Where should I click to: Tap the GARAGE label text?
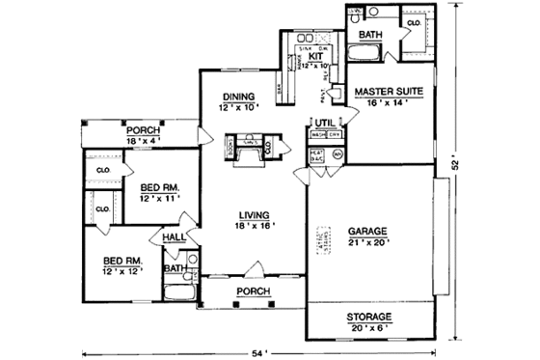click(x=367, y=232)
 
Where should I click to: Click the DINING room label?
click(x=238, y=97)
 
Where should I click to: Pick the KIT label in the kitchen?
click(x=314, y=57)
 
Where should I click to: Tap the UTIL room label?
click(x=322, y=122)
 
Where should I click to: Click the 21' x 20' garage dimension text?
click(x=367, y=243)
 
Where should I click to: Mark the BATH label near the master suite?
click(x=370, y=36)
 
